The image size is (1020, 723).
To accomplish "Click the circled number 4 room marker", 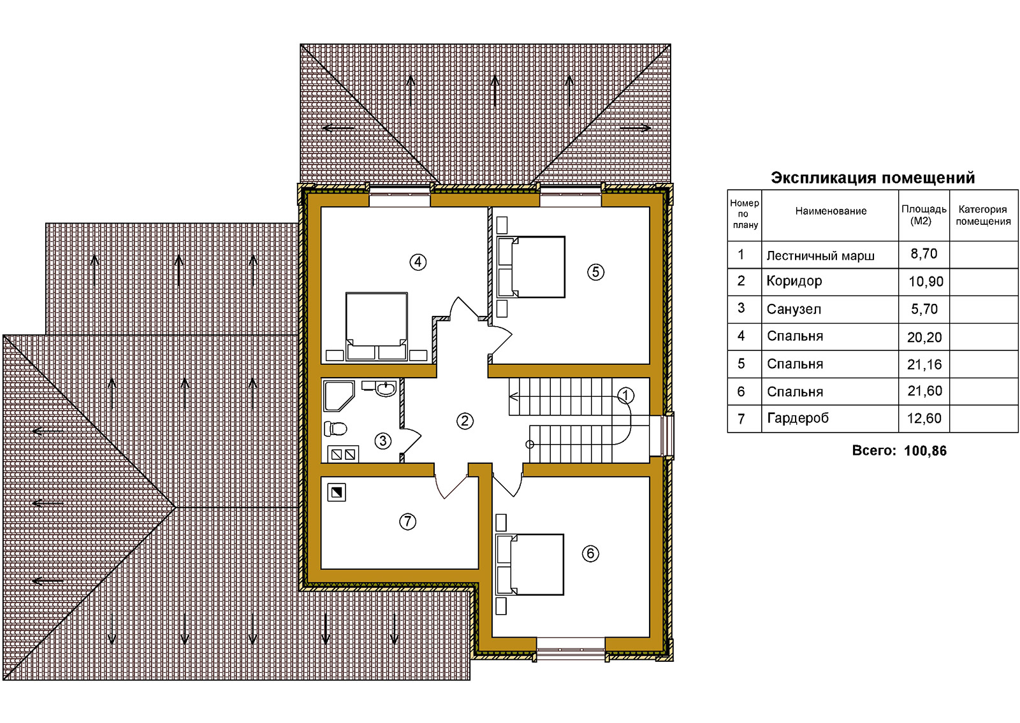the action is (418, 262).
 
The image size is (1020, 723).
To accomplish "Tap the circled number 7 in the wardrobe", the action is (407, 522).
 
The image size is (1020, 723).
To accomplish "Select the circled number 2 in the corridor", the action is (465, 421).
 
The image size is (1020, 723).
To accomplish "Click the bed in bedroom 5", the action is (532, 267).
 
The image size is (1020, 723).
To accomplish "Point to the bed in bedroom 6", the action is (530, 564).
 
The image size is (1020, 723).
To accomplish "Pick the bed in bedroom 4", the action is (377, 327).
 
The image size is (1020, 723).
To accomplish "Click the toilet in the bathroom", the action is (335, 428).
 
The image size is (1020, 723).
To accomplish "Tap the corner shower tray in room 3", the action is (339, 396).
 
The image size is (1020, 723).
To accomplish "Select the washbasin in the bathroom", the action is (386, 389).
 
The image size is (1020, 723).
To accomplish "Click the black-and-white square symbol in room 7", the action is (337, 492).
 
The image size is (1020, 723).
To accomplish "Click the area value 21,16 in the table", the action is (924, 364).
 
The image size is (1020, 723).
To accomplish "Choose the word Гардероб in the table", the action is (798, 418).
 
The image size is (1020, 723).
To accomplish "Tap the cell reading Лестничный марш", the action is (820, 255).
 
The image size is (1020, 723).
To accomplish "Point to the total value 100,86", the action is (925, 451).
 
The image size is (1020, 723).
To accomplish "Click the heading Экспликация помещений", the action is (873, 178).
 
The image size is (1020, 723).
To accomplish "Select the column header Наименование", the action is (831, 211).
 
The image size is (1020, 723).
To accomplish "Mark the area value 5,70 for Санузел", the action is (924, 310).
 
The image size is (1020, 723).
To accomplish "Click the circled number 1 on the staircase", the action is (625, 396).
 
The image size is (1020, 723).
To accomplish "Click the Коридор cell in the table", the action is (794, 281).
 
